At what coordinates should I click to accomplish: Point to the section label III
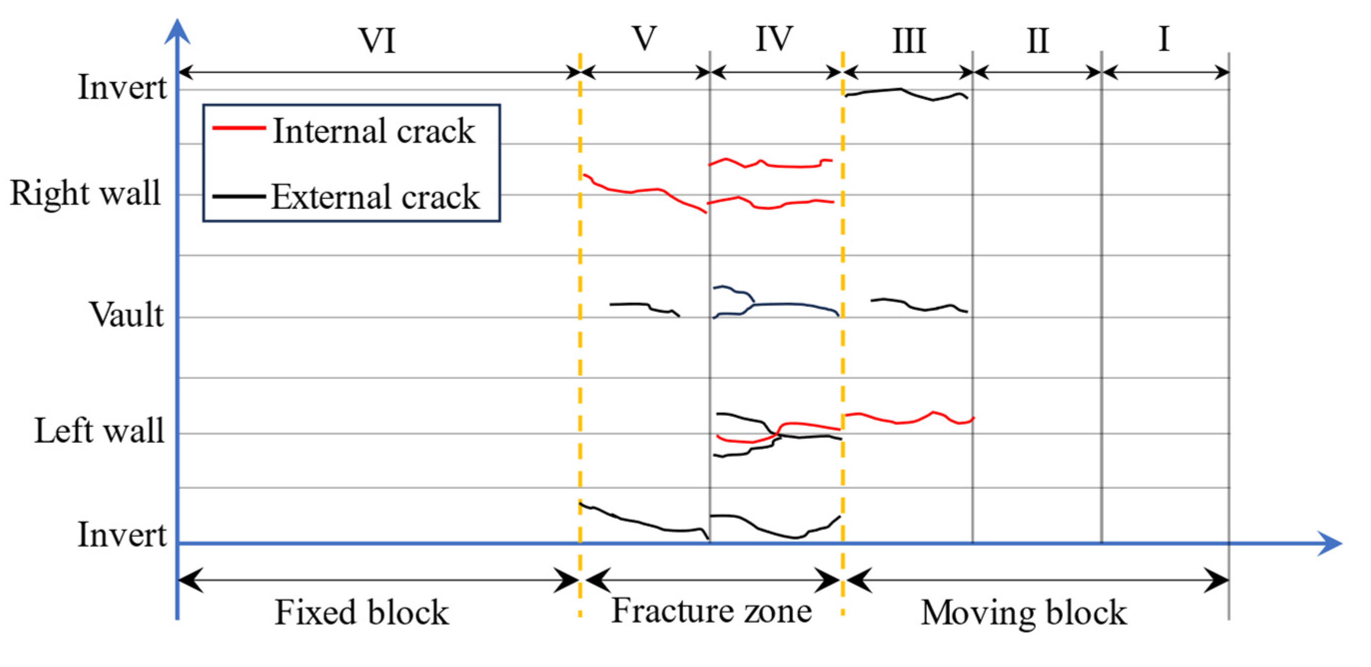[x=909, y=40]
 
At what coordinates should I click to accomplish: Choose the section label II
[x=1037, y=40]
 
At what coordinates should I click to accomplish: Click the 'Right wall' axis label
[x=85, y=193]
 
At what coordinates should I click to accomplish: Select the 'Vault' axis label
[x=127, y=315]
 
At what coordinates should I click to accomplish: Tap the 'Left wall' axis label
[x=99, y=430]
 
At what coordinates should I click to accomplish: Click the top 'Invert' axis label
[x=122, y=87]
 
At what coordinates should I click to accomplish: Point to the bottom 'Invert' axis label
[x=122, y=535]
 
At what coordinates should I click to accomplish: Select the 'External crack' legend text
[x=376, y=197]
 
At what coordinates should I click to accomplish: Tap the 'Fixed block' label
[x=362, y=612]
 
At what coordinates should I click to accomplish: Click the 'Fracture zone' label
[x=712, y=610]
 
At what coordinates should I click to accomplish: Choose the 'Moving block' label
[x=1024, y=613]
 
